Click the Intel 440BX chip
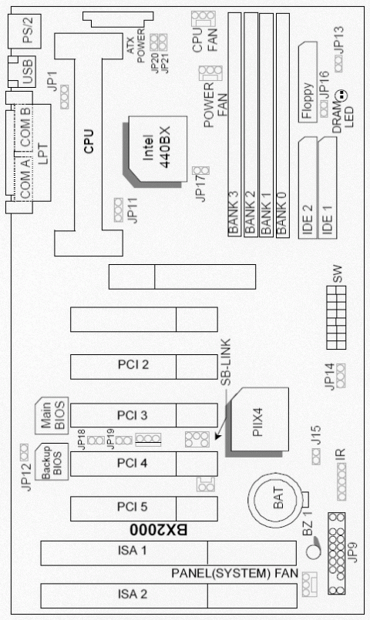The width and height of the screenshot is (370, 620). pyautogui.click(x=156, y=150)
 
